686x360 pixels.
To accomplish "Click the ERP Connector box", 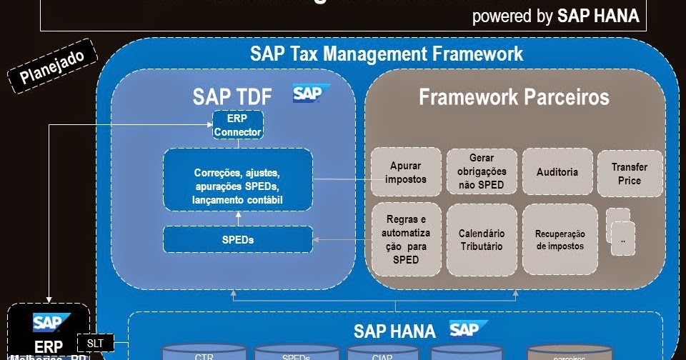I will pyautogui.click(x=238, y=125).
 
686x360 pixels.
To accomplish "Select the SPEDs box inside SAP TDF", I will pyautogui.click(x=238, y=239).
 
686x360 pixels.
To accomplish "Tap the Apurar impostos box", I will pyautogui.click(x=405, y=172).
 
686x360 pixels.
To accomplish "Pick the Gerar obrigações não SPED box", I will pyautogui.click(x=482, y=171).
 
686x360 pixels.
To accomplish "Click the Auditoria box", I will pyautogui.click(x=557, y=172).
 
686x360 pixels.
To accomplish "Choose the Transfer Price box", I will pyautogui.click(x=630, y=174).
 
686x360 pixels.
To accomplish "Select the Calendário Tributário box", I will pyautogui.click(x=482, y=240).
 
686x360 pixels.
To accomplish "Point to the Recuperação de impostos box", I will pyautogui.click(x=560, y=240).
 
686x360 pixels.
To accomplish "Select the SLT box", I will pyautogui.click(x=95, y=344).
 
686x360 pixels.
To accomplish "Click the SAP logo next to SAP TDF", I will pyautogui.click(x=310, y=94).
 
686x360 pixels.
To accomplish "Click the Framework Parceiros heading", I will pyautogui.click(x=514, y=96).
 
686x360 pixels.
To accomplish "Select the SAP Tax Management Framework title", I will pyautogui.click(x=387, y=54).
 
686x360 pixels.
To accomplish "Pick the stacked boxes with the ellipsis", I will pyautogui.click(x=619, y=232).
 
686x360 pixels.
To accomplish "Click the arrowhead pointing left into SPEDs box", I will pyautogui.click(x=319, y=240).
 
